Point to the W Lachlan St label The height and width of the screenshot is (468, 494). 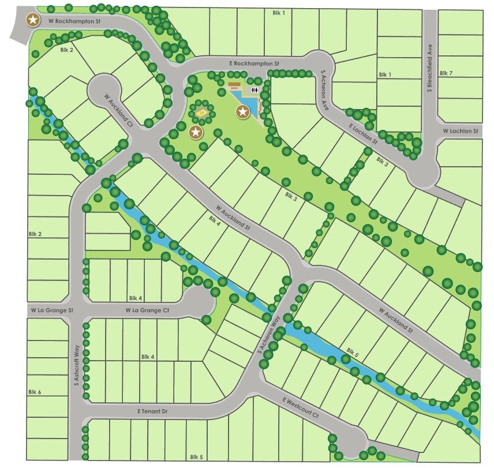(x=461, y=132)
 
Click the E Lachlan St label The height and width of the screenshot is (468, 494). (x=362, y=134)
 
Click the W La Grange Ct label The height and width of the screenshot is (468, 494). (x=147, y=310)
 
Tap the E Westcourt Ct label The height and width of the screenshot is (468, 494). (x=301, y=407)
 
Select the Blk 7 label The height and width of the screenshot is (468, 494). (x=446, y=73)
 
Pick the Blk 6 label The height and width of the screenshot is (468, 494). (x=35, y=392)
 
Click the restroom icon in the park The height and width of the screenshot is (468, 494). (x=255, y=90)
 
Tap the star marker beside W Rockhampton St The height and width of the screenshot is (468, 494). (x=34, y=21)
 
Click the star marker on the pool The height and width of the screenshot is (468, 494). (x=243, y=112)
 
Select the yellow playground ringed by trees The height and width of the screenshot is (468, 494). (x=201, y=113)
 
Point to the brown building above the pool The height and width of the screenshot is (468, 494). (x=234, y=85)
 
